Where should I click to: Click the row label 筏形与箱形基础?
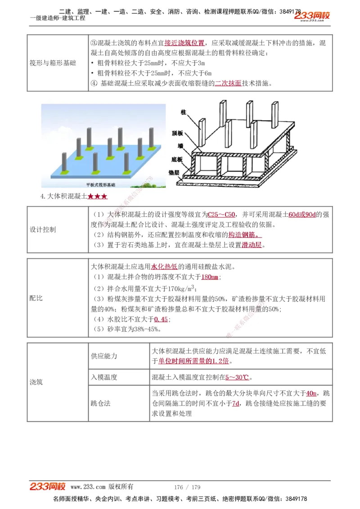click(53, 63)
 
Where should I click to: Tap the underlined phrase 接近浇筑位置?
click(184, 43)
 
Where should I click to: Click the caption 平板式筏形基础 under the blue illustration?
click(101, 185)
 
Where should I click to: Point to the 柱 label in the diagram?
click(183, 111)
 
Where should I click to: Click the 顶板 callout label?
click(177, 134)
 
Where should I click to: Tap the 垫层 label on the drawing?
click(175, 172)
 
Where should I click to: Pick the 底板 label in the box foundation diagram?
click(177, 159)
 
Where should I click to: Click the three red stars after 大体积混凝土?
click(98, 196)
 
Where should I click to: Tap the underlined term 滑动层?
click(252, 245)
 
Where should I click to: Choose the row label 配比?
click(36, 298)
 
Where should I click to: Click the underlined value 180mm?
click(210, 277)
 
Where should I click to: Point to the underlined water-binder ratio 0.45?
click(161, 319)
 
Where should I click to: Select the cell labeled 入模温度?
click(104, 377)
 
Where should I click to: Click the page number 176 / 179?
click(187, 487)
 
